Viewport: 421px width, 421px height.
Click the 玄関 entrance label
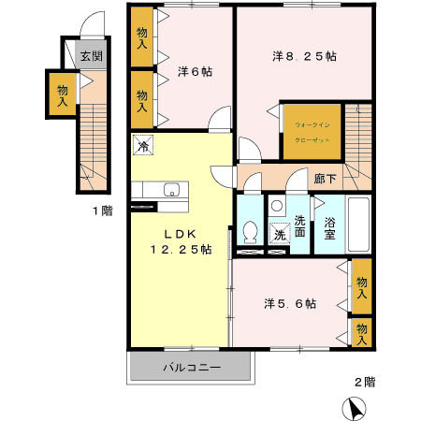pyautogui.click(x=90, y=56)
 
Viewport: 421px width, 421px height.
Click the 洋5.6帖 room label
pyautogui.click(x=289, y=303)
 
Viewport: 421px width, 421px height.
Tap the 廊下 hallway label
pyautogui.click(x=326, y=178)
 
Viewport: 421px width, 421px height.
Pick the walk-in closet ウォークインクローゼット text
pyautogui.click(x=312, y=129)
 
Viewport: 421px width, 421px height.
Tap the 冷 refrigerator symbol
pyautogui.click(x=143, y=145)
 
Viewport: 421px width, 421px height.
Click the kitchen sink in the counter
pyautogui.click(x=170, y=191)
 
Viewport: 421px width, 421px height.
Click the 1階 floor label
pyautogui.click(x=102, y=211)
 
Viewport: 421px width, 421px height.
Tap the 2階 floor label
pyautogui.click(x=364, y=382)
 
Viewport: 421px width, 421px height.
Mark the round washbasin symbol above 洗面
pyautogui.click(x=276, y=207)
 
